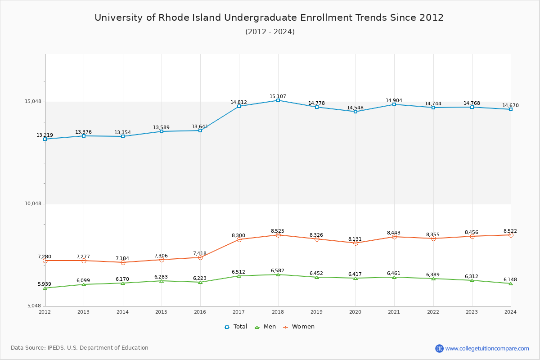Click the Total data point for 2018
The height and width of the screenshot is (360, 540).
tap(278, 100)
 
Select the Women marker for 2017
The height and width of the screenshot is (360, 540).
tap(239, 239)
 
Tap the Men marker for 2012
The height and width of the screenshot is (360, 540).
tap(45, 288)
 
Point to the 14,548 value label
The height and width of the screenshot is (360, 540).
tap(355, 108)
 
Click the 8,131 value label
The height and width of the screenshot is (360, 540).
tap(355, 239)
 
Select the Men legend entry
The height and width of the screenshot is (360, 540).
tap(265, 327)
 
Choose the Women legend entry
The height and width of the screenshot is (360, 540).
tap(299, 327)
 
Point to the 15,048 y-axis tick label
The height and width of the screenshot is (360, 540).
tap(33, 102)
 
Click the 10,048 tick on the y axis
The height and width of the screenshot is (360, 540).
tap(33, 204)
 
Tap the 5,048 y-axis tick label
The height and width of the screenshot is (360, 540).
tap(34, 306)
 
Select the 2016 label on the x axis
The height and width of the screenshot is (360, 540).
tap(200, 312)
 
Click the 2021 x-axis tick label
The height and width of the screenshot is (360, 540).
tap(394, 312)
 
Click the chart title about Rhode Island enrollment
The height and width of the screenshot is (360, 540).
tap(269, 18)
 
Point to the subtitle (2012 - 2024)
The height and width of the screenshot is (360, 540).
tap(270, 32)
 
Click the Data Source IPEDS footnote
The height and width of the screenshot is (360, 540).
tap(80, 348)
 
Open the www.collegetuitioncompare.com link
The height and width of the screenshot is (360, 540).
tap(487, 348)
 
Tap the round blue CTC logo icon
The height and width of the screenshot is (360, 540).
tap(439, 348)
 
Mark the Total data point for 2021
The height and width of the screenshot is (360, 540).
tap(394, 104)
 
